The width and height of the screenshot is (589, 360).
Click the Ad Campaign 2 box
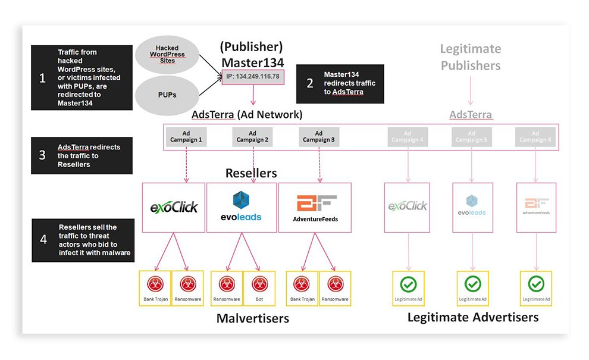[252, 137]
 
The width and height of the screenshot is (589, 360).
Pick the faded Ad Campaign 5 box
[471, 137]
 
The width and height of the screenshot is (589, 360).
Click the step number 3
[42, 155]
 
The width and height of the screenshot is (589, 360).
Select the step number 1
[42, 78]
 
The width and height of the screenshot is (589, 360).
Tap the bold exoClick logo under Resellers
[174, 207]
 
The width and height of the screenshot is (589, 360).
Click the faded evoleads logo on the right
[471, 205]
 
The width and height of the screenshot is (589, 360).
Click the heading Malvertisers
[252, 318]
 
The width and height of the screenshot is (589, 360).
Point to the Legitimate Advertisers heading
[472, 317]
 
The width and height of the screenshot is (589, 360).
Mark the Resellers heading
[250, 173]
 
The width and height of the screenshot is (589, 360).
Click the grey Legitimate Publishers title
[471, 57]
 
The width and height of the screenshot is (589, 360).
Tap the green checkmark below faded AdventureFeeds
[535, 283]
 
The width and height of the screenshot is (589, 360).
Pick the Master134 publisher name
[252, 62]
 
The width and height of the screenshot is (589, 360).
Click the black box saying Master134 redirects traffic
[339, 83]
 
